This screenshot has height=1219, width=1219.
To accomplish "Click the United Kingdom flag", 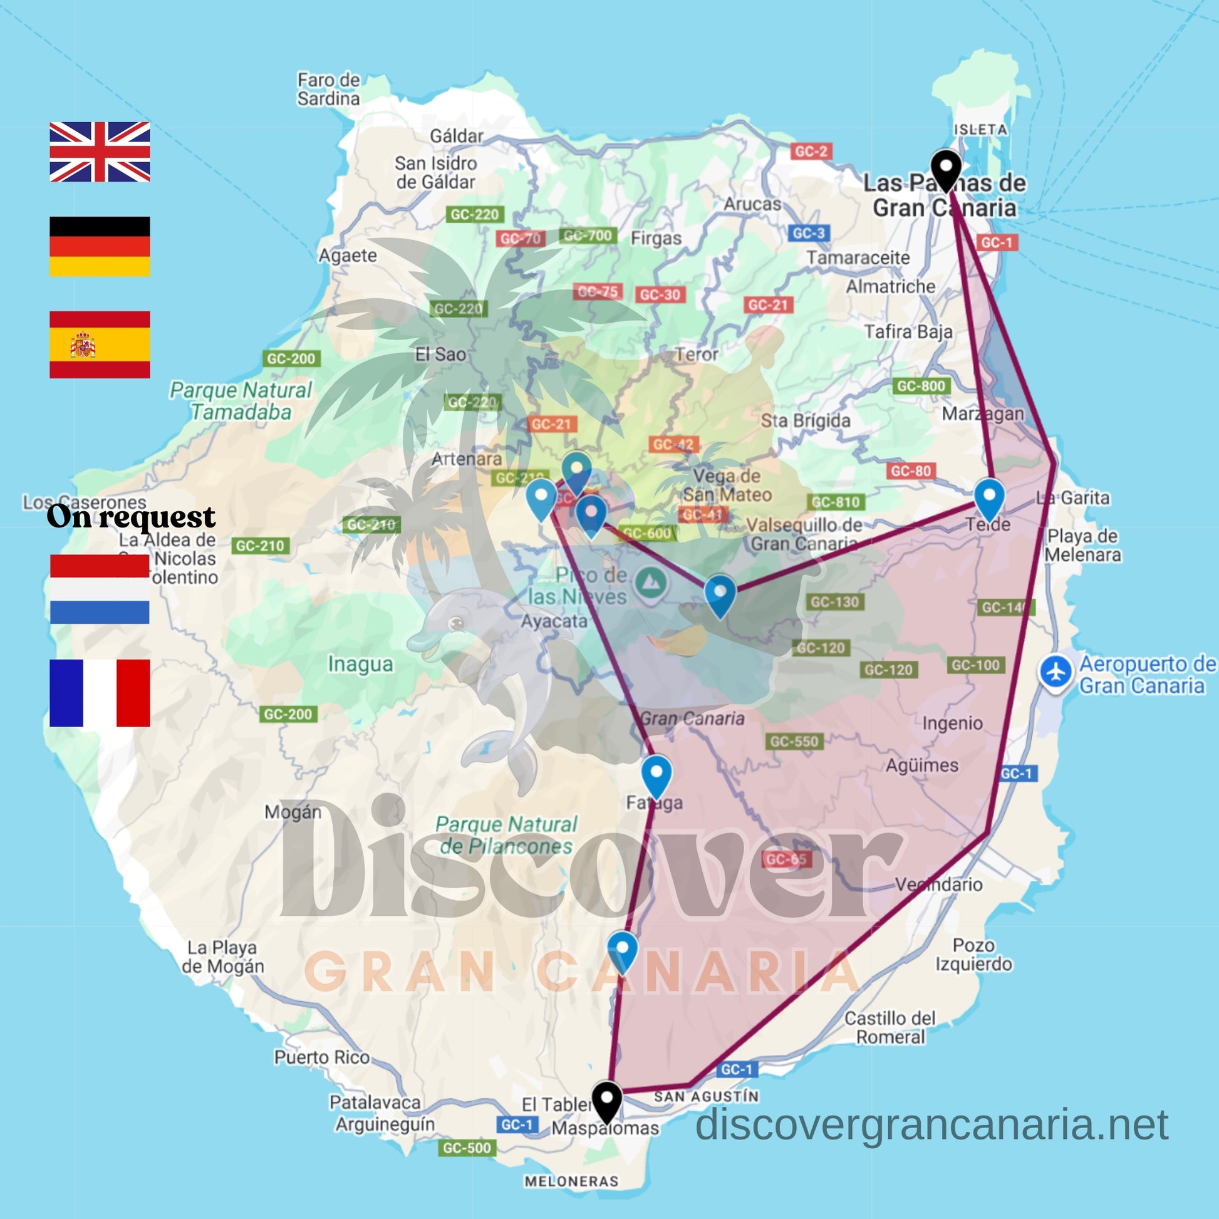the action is click(100, 152).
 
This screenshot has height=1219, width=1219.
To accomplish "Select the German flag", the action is click(100, 246).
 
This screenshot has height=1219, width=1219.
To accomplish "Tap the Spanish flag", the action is click(100, 345).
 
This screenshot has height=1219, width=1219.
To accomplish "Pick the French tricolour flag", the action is click(100, 693).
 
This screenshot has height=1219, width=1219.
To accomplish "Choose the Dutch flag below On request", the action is click(100, 589).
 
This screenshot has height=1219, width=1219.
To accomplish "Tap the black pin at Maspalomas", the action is click(606, 1101).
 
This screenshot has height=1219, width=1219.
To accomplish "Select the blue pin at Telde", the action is click(988, 496).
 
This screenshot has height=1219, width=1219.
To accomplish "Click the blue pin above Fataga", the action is click(656, 774).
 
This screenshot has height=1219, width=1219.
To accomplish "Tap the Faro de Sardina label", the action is click(328, 89).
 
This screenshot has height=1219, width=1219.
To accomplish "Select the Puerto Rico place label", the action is click(322, 1057).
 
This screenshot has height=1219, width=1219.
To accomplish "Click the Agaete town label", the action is click(348, 256).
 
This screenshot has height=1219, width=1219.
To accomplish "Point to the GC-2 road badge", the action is click(811, 152).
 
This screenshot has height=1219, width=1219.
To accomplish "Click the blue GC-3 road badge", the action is click(808, 234).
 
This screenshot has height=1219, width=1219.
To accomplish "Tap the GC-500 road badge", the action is click(466, 1148).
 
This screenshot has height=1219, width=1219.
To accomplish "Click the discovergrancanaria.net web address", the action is click(931, 1124).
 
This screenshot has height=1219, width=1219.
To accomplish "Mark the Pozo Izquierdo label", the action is click(973, 954).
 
